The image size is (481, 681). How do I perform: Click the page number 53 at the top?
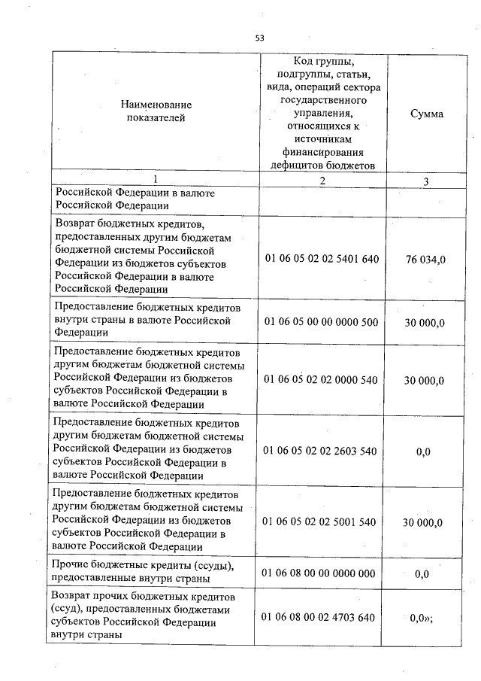pyautogui.click(x=260, y=37)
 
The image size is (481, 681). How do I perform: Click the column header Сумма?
pyautogui.click(x=426, y=114)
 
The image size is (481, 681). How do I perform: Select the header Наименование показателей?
pyautogui.click(x=156, y=111)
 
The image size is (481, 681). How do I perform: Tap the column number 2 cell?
pyautogui.click(x=322, y=181)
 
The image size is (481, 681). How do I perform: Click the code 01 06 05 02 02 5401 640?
pyautogui.click(x=321, y=259)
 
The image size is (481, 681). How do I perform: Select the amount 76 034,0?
pyautogui.click(x=425, y=260)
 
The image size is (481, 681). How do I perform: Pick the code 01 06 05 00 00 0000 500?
pyautogui.click(x=321, y=321)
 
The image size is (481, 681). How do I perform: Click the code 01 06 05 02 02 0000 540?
pyautogui.click(x=321, y=380)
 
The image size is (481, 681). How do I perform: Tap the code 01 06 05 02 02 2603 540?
pyautogui.click(x=321, y=451)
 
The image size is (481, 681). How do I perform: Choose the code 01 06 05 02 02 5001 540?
pyautogui.click(x=321, y=521)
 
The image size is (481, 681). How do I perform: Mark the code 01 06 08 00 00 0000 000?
pyautogui.click(x=321, y=573)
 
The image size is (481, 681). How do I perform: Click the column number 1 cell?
pyautogui.click(x=155, y=181)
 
